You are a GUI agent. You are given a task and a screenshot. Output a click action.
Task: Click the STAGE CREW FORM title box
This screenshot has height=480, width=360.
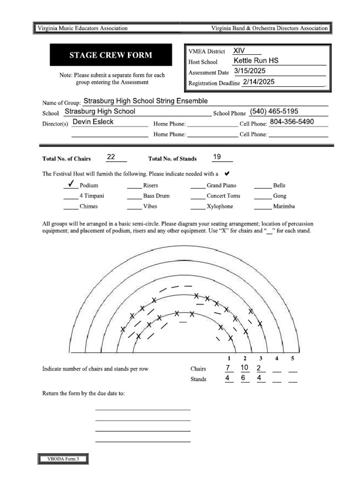(x=111, y=55)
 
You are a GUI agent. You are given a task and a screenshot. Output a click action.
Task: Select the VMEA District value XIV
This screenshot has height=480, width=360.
(x=239, y=51)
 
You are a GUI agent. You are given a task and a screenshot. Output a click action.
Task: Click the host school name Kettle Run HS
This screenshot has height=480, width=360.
(x=255, y=61)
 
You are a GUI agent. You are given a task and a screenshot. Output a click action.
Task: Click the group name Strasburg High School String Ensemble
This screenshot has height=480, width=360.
(x=145, y=101)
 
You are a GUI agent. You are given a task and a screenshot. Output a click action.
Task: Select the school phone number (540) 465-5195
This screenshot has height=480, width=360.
(x=274, y=112)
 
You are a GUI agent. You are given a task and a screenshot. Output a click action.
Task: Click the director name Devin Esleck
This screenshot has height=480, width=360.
(x=93, y=122)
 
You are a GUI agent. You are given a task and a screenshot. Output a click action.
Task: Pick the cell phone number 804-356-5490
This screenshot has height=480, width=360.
(x=292, y=122)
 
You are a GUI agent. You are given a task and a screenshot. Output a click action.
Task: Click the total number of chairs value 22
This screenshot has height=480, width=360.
(x=111, y=157)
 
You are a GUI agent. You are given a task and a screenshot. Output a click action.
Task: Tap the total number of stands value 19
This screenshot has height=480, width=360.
(x=217, y=157)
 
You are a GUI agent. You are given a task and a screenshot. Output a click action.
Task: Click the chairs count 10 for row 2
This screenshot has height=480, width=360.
(x=244, y=367)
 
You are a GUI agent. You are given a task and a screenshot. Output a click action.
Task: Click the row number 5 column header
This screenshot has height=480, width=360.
(x=292, y=359)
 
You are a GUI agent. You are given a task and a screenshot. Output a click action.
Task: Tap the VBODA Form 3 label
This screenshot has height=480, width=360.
(x=63, y=459)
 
